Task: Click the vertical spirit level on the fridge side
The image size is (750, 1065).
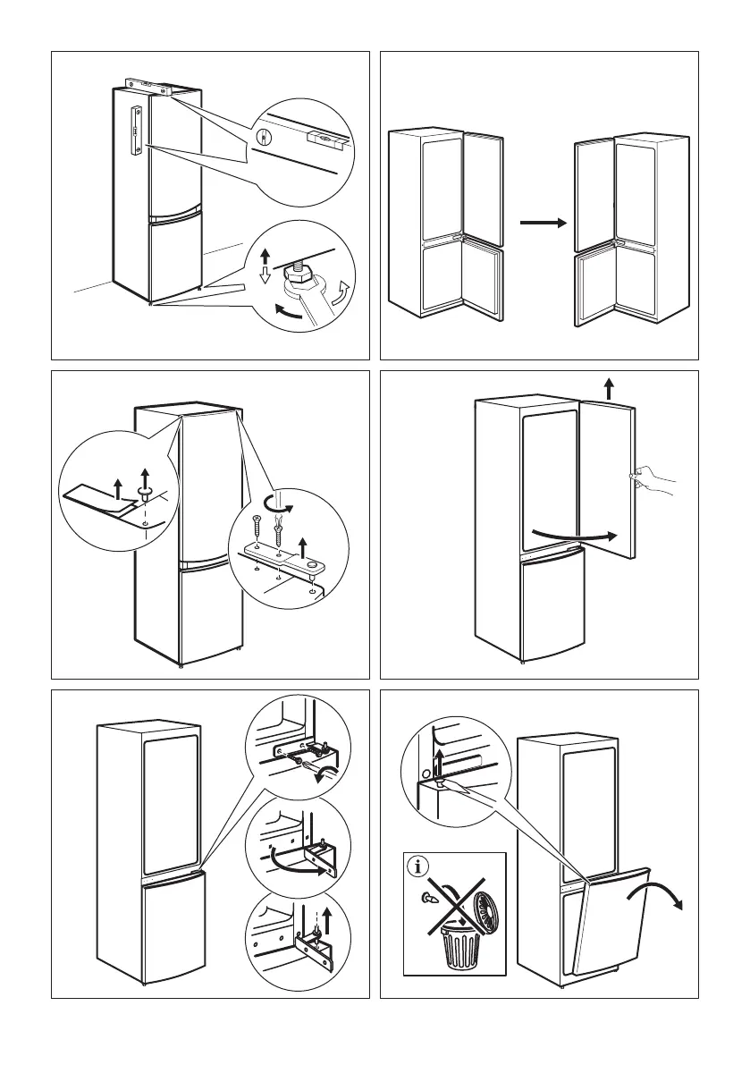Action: pos(136,131)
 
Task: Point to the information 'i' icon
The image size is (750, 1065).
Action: pos(417,867)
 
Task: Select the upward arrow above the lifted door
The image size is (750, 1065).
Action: pos(609,388)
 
